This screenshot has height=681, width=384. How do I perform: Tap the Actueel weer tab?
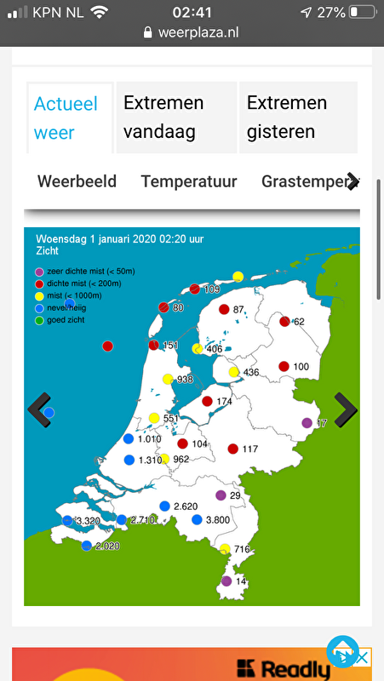66,117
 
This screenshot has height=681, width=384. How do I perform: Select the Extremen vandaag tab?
163,117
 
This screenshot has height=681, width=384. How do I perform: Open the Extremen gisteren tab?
287,117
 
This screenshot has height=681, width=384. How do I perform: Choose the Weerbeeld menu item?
77,181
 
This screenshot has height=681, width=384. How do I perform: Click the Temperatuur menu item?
189,181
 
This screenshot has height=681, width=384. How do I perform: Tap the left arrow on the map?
39,409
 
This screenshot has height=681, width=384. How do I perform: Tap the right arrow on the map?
345,409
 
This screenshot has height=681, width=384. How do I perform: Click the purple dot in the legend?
39,272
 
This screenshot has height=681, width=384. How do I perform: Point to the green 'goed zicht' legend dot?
39,320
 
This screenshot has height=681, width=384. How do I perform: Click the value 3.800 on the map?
217,520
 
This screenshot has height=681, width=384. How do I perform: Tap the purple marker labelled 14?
226,581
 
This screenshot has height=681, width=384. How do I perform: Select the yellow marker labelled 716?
224,549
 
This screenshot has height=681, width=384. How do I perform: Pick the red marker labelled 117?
232,449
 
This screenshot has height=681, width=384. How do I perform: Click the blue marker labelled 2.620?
164,506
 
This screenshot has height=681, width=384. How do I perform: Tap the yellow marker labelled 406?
198,349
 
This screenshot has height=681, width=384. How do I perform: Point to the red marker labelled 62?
284,322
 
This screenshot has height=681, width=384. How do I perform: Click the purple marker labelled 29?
221,495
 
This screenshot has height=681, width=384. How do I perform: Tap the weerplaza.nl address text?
201,32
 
